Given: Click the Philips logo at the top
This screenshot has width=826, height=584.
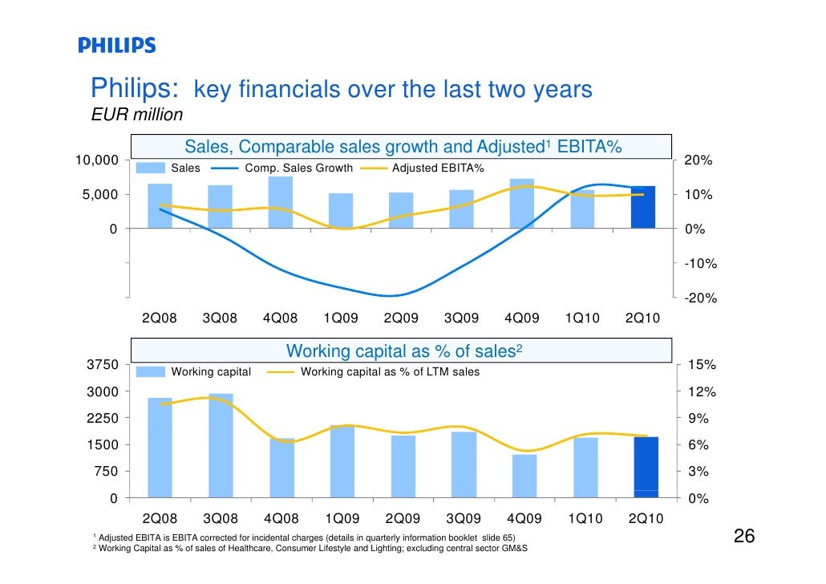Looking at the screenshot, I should point(117,45).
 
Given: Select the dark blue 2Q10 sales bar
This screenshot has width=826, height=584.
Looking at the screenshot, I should point(643,207).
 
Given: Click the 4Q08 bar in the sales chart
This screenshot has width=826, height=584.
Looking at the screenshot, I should point(280,202).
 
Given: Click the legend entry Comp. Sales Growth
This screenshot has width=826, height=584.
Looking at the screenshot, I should point(298,168).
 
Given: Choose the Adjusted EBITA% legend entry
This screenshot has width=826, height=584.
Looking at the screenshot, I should point(438,168).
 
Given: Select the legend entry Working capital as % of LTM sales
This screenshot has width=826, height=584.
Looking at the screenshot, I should point(389,371).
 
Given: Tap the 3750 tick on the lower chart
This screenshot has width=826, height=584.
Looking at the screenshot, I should point(102,365).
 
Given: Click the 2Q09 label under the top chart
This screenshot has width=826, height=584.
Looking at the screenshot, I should point(401,318).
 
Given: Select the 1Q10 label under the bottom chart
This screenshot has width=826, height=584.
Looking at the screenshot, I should point(583,519).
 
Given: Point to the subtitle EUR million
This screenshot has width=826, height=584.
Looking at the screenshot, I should point(137,115).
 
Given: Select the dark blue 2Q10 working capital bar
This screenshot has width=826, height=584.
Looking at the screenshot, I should point(646,467).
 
